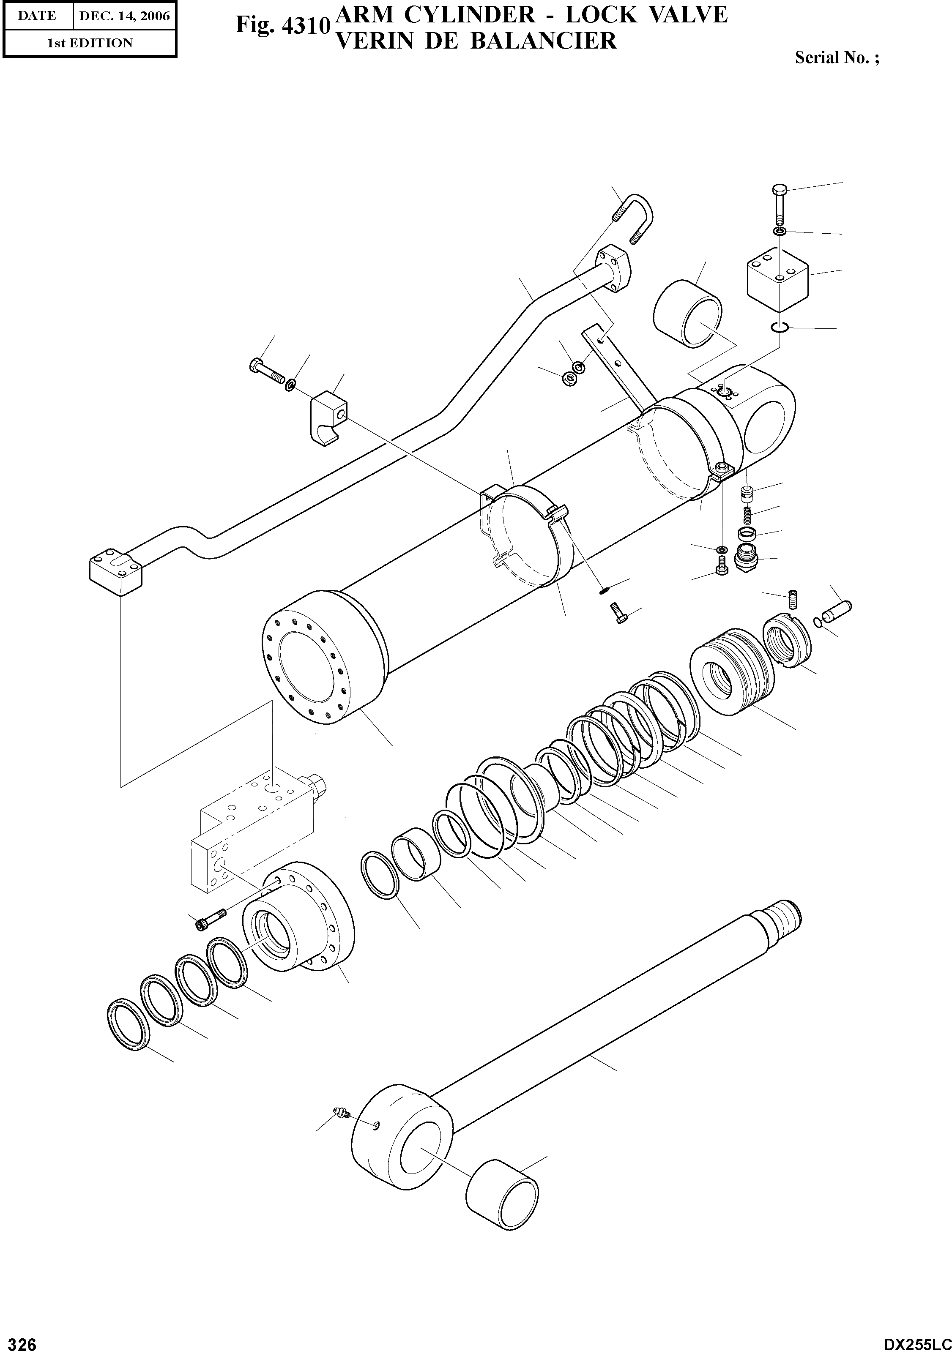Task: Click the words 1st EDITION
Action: [90, 43]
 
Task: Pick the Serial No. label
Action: [837, 57]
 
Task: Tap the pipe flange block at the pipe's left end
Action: [115, 573]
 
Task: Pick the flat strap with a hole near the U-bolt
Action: [618, 366]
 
